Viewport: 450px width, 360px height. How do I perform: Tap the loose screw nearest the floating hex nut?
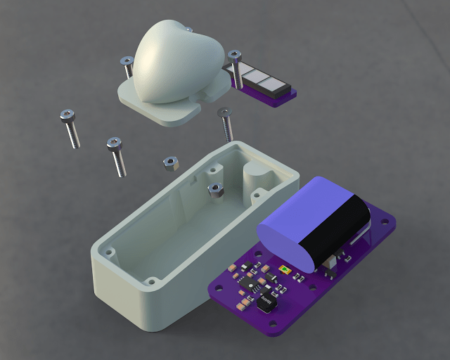click(117, 156)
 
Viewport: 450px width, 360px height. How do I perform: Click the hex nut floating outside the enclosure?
click(169, 164)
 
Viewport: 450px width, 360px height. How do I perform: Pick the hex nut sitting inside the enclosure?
click(215, 188)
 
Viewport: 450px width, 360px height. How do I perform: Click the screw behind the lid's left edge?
click(128, 67)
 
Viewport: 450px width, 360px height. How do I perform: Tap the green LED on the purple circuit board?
click(285, 269)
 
